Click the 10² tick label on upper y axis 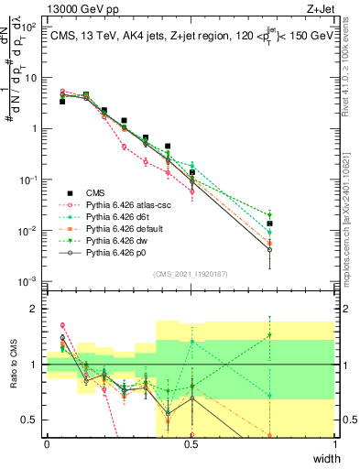(x=31, y=27)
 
